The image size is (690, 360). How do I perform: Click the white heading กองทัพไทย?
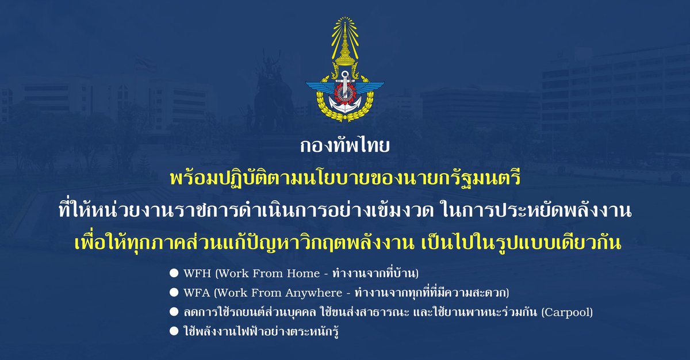344,147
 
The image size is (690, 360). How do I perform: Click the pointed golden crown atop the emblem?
345,40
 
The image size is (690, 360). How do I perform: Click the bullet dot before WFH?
172,271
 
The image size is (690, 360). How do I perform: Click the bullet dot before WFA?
172,292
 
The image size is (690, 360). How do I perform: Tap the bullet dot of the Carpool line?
172,312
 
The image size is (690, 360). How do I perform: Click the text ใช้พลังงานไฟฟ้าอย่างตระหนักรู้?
259,332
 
